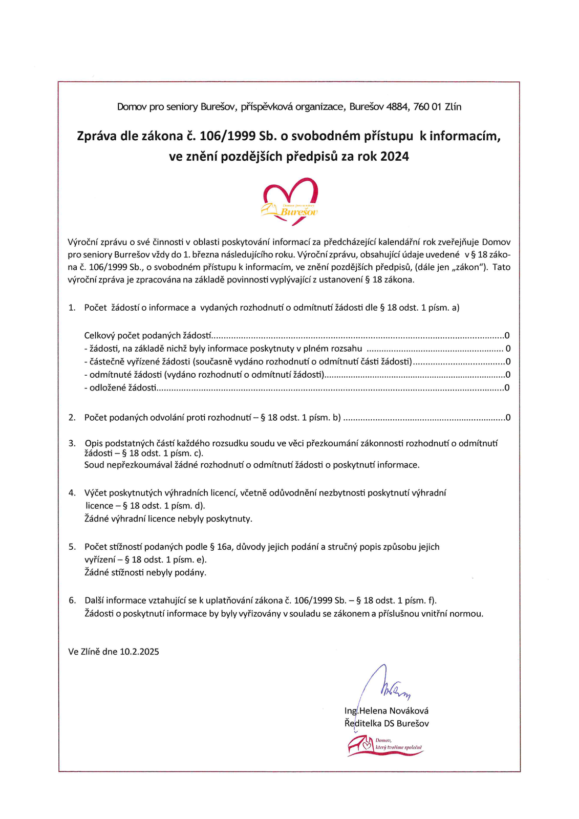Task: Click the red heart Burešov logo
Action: [290, 201]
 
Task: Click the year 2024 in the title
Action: [395, 157]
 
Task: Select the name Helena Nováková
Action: [394, 710]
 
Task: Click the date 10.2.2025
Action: [139, 652]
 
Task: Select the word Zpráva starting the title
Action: [96, 136]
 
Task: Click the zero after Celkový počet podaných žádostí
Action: [507, 336]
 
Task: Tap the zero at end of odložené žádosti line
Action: [507, 387]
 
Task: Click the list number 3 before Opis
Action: [72, 443]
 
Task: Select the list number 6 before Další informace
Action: [72, 600]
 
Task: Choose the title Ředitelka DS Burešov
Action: [387, 723]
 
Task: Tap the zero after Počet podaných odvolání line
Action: [508, 418]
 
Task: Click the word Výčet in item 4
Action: [96, 493]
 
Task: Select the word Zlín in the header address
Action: [453, 107]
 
